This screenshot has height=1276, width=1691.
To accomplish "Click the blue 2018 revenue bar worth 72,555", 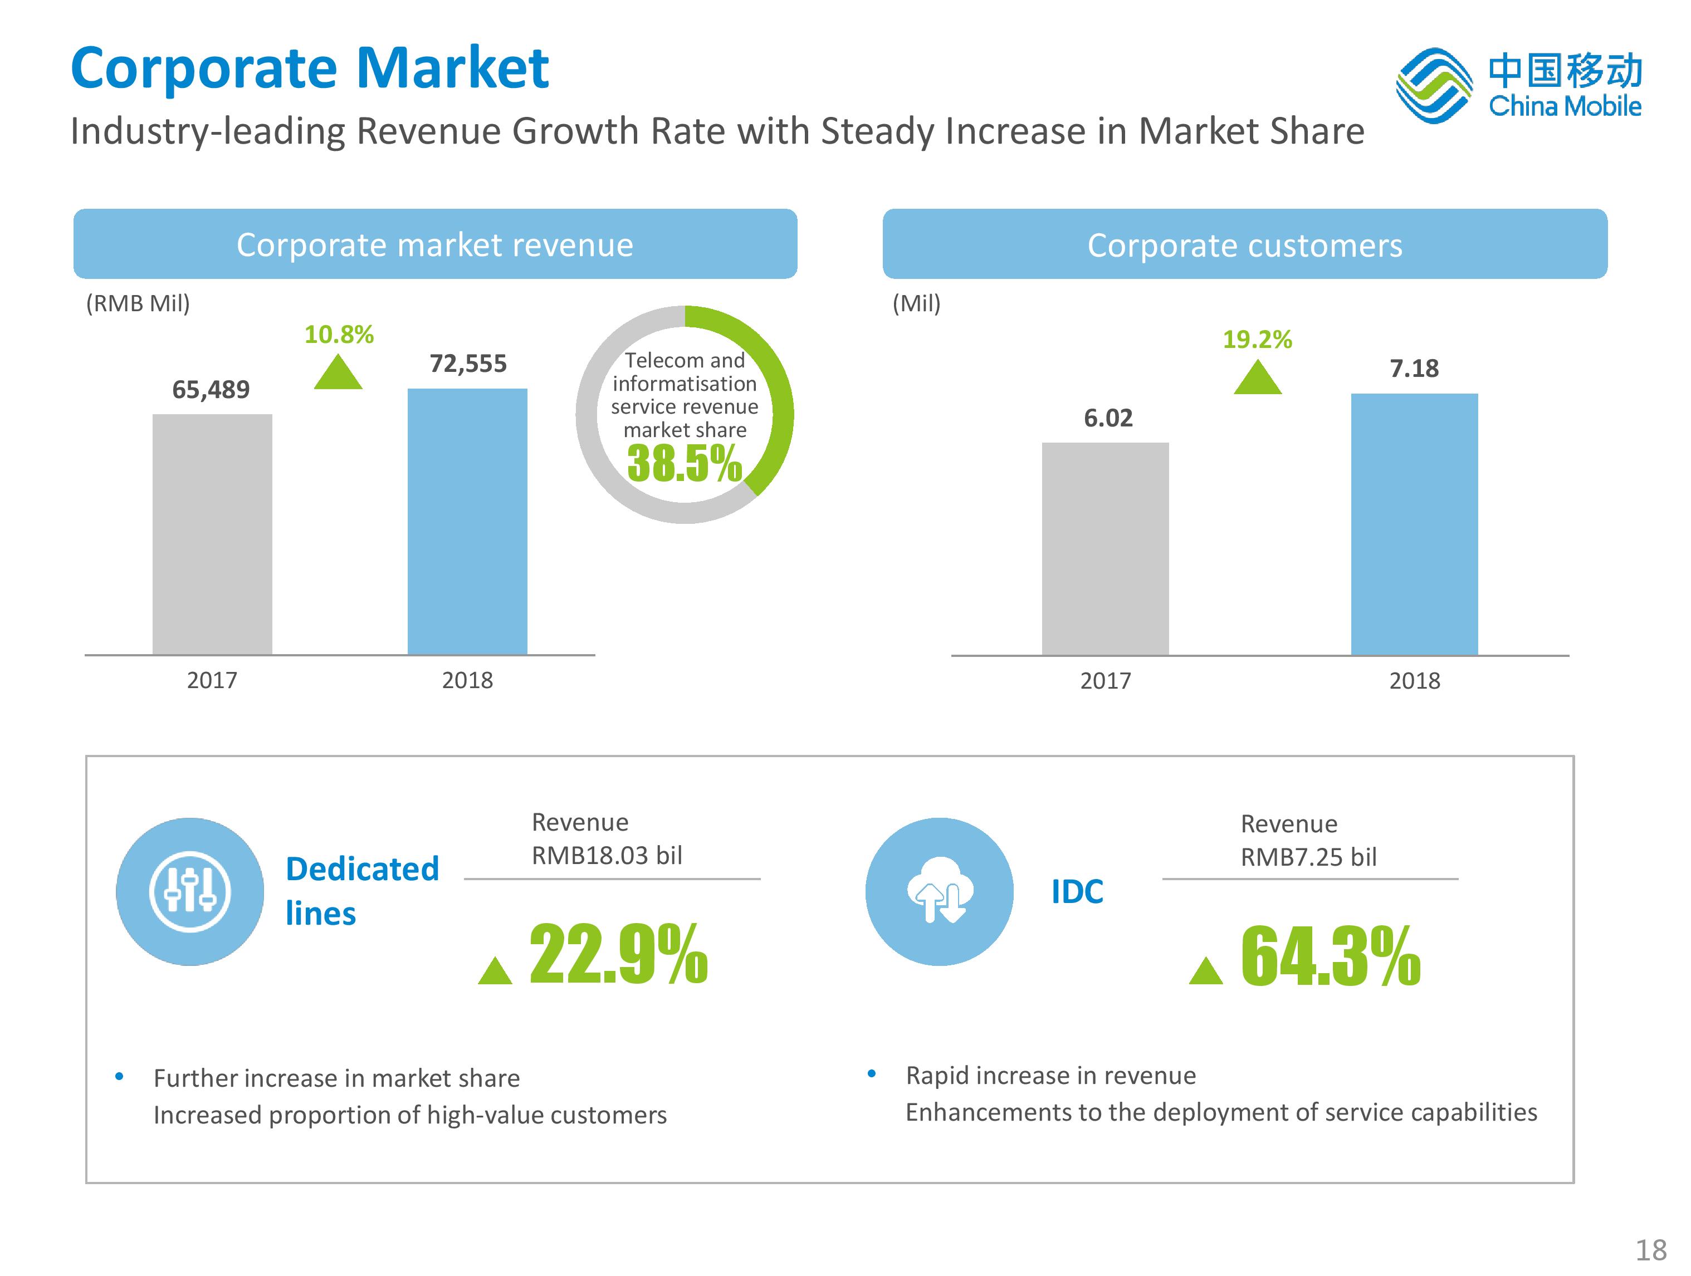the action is [x=467, y=521].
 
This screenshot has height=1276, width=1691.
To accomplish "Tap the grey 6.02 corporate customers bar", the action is [x=1106, y=548].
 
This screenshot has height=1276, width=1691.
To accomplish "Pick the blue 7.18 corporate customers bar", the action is [x=1414, y=524].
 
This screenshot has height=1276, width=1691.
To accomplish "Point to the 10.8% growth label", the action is [x=339, y=335].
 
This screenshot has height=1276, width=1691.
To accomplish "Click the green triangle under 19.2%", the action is [x=1258, y=377].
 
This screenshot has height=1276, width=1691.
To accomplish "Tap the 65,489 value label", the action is [x=211, y=390].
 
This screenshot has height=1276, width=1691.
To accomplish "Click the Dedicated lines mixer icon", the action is [x=189, y=892].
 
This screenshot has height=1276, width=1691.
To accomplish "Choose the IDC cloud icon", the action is [x=940, y=892].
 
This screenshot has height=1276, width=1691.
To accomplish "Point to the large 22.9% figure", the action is [x=618, y=954].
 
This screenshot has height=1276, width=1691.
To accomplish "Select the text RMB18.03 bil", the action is [x=607, y=855].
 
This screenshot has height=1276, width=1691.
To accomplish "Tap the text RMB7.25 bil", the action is [x=1309, y=857].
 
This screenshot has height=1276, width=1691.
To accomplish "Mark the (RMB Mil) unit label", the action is [x=138, y=303].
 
